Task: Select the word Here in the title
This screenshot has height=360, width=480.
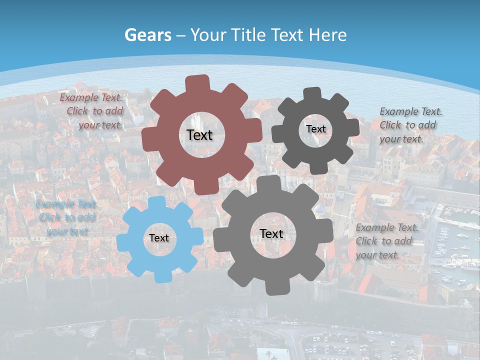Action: [x=327, y=35]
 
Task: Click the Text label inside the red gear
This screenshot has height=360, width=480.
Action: [x=199, y=135]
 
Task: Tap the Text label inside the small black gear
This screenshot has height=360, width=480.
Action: [x=315, y=129]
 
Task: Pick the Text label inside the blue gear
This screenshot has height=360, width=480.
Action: [x=159, y=238]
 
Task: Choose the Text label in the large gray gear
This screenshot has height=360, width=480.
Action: [x=271, y=234]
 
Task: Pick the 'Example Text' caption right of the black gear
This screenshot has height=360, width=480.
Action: [x=410, y=125]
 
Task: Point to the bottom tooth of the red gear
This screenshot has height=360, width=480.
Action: [x=206, y=187]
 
